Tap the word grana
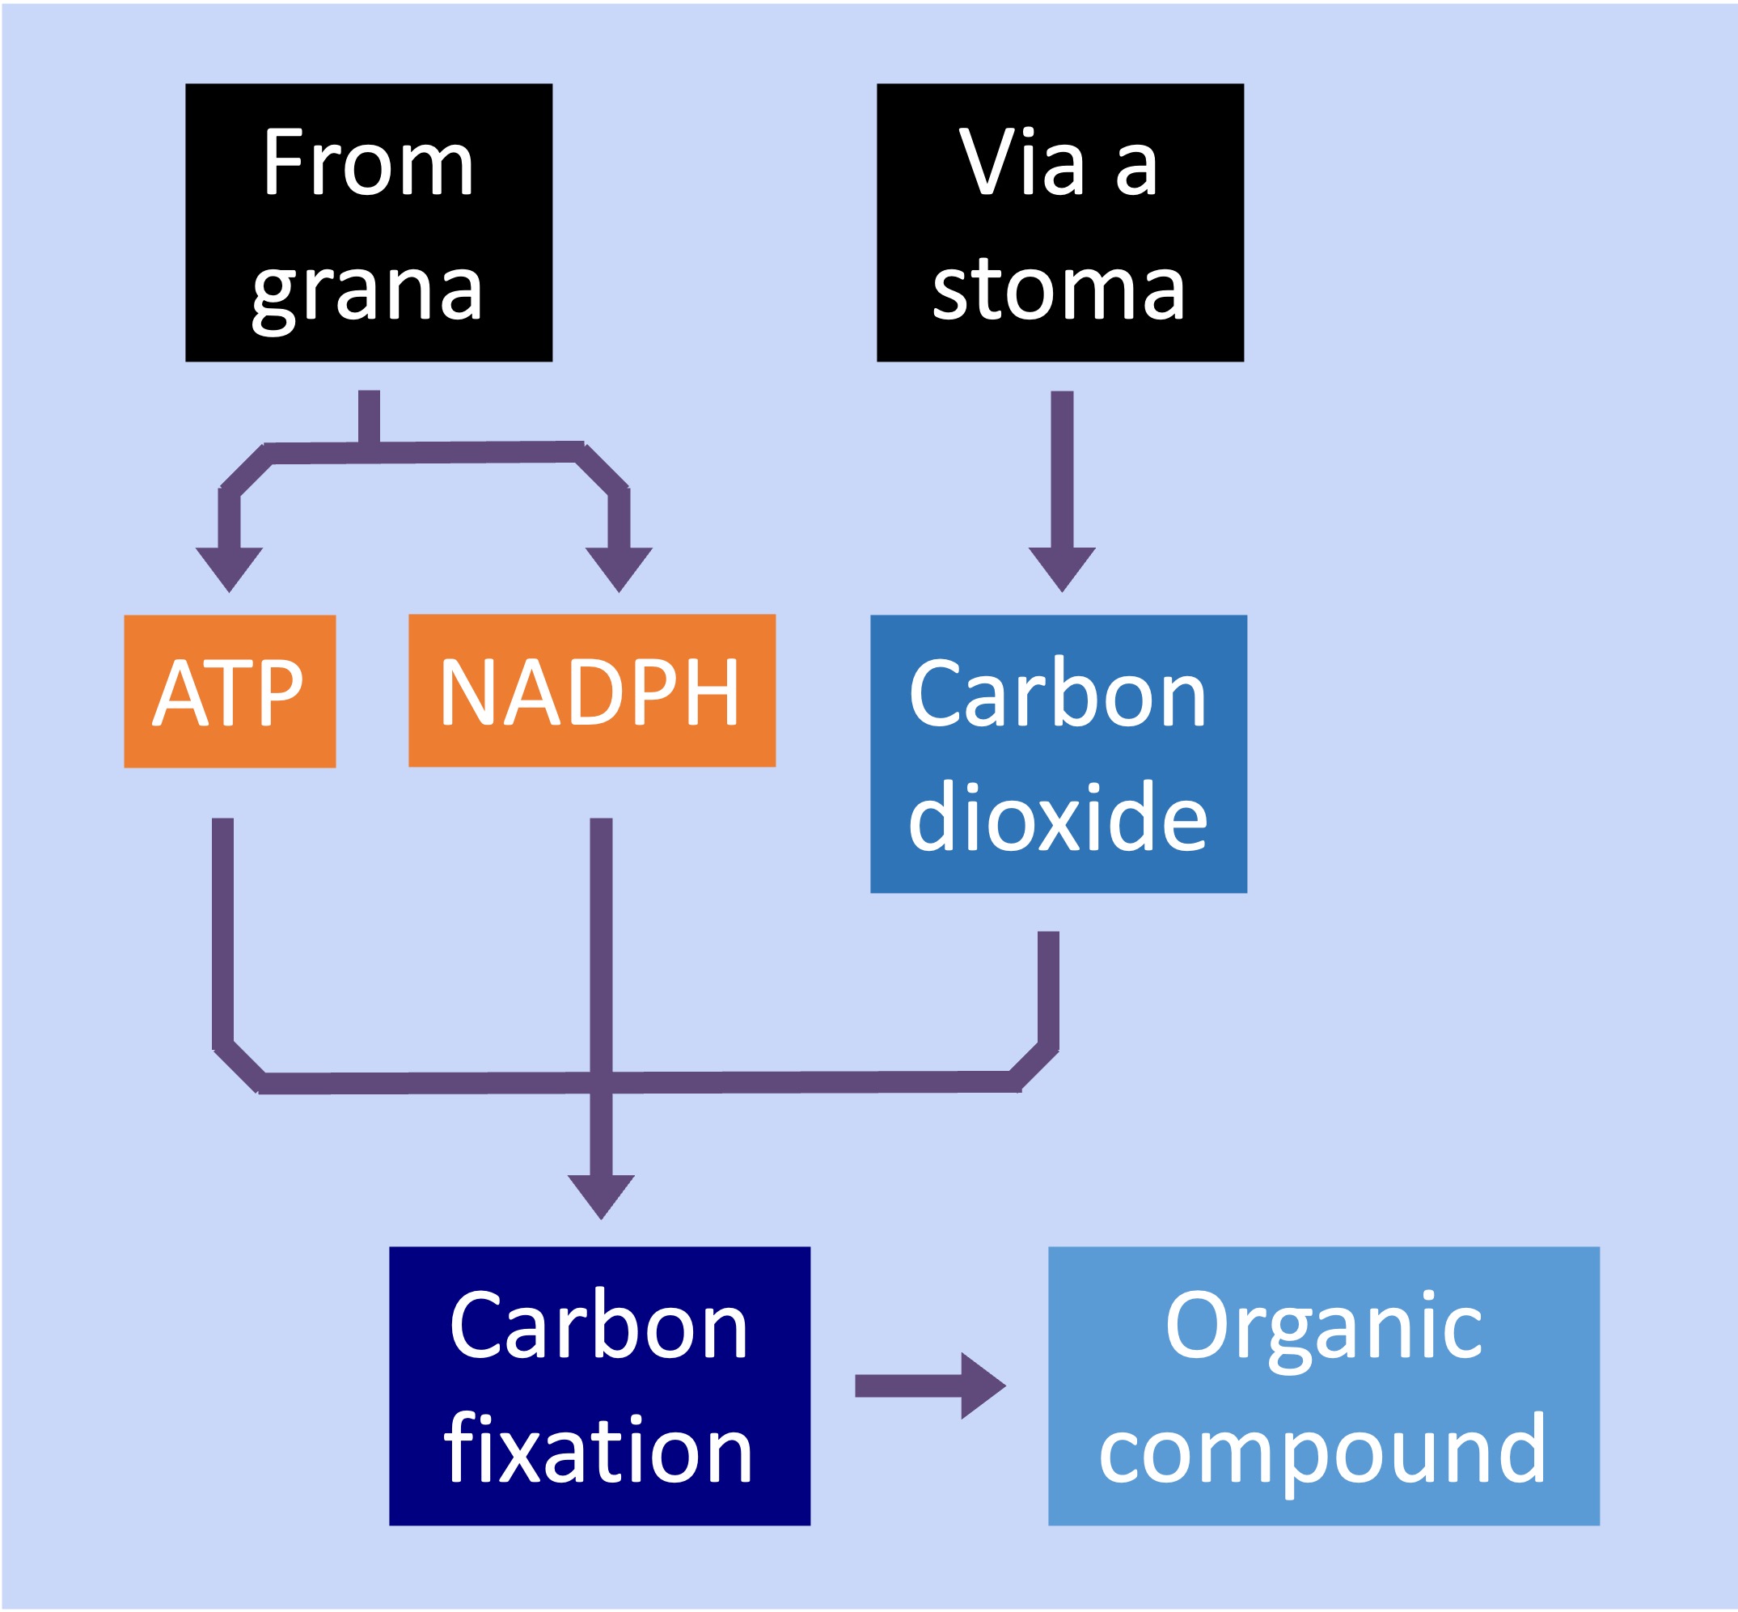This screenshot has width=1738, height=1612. (367, 290)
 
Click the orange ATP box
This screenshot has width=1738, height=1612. (230, 692)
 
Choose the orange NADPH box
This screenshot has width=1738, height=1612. (591, 691)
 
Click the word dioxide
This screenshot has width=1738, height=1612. (1058, 818)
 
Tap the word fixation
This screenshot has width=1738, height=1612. (598, 1449)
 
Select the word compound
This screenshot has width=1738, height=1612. (1323, 1449)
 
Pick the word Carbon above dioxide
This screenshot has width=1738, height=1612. (1058, 693)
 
